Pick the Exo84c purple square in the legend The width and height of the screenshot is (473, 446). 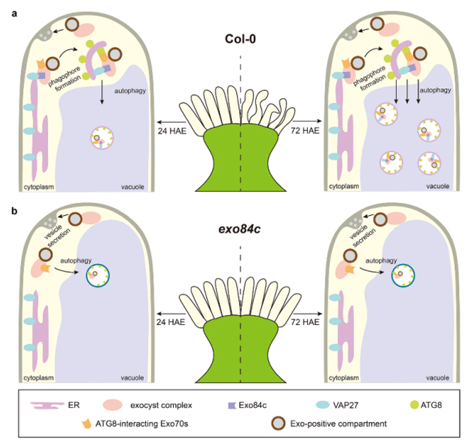pos(233,405)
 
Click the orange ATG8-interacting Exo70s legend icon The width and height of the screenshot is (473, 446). pos(85,424)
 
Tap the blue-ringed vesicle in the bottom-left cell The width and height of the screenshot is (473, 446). pos(100,274)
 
